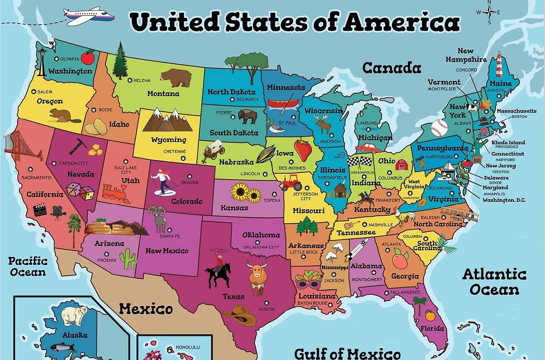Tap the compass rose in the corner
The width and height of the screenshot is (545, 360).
coord(489,12)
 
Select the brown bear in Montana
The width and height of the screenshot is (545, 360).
coord(176,77)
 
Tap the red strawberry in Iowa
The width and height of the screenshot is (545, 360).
coord(303,149)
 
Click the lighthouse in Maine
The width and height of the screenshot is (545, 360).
coord(499,64)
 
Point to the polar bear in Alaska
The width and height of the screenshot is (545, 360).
coord(74,315)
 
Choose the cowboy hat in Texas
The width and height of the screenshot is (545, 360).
coord(239,316)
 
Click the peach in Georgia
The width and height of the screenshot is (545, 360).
coord(400,259)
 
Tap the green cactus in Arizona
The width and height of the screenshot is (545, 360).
coord(128,259)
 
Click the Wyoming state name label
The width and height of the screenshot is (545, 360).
coord(169,140)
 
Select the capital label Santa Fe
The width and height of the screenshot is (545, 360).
coord(169,236)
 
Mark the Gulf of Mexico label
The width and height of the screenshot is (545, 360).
coord(347,353)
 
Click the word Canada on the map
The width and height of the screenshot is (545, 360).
coord(391,68)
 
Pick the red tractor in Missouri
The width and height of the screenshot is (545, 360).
coord(291,183)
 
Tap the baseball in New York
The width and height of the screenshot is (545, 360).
coord(439,127)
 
